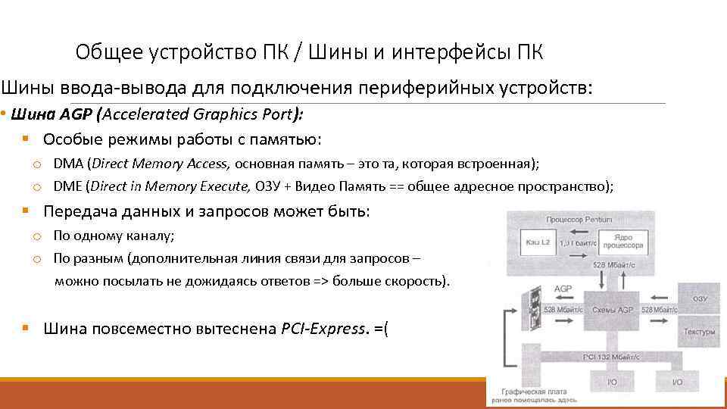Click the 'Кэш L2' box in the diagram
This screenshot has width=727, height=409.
(x=537, y=242)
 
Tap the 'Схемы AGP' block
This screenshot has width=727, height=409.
(x=613, y=311)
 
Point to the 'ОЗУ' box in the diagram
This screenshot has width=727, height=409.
(x=699, y=299)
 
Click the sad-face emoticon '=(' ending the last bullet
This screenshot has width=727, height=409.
(x=381, y=329)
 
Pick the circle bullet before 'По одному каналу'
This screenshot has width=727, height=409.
(x=36, y=236)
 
